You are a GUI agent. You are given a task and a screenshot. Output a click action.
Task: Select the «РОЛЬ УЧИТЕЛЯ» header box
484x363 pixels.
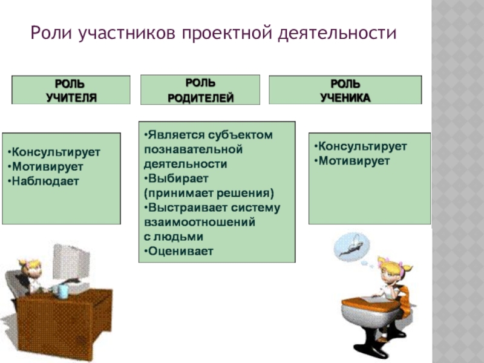71,90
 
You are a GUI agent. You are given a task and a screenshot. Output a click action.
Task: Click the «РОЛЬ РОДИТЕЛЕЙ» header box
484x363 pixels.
200,90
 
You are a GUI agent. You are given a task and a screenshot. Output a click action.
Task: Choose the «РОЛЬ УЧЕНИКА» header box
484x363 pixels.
345,90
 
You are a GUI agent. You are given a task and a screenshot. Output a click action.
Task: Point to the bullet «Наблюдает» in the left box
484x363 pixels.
44,180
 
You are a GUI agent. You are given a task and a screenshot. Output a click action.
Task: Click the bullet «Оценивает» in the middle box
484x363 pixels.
179,250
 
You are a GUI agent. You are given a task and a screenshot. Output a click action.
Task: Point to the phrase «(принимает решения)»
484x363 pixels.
209,193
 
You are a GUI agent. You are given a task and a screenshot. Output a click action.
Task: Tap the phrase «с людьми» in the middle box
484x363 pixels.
174,237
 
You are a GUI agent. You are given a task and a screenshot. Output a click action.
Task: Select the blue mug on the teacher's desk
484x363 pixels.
62,291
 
